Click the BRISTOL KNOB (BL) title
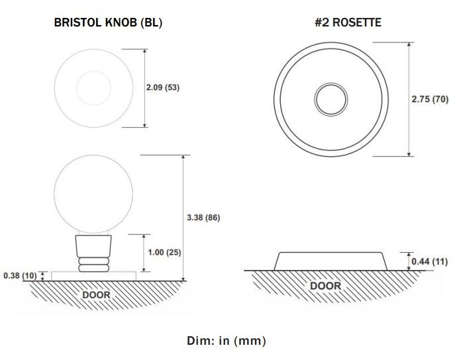pos(108,22)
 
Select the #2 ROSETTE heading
pos(348,22)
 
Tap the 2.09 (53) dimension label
pos(163,87)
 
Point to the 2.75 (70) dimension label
pos(430,99)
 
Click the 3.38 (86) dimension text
pos(203,218)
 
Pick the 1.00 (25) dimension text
pos(164,252)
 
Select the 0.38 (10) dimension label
pos(20,275)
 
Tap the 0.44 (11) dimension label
pos(430,261)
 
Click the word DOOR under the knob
pos(96,294)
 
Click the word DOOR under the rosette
pos(326,286)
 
